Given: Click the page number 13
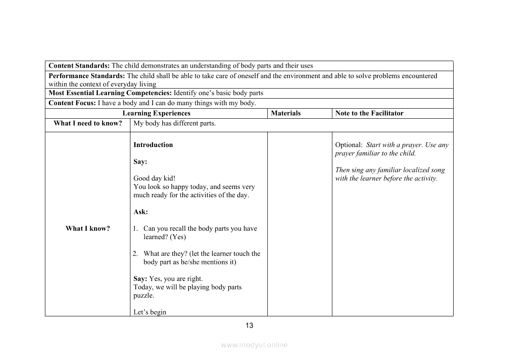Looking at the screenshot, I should (249, 326).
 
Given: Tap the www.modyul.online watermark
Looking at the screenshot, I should (254, 345).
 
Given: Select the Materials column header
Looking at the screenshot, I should (286, 113).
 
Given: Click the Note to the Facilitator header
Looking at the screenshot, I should (369, 113).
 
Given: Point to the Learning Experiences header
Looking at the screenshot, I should (156, 113).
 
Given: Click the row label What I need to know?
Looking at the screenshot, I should (88, 123).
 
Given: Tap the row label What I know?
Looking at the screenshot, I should (88, 229).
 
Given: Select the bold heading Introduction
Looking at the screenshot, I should (153, 145).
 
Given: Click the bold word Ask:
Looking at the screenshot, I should (140, 212).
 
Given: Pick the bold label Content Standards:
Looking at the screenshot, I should (79, 66).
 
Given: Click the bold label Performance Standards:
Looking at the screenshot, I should (87, 76).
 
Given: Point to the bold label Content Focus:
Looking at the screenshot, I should (72, 103).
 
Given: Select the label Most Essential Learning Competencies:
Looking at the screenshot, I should (110, 93).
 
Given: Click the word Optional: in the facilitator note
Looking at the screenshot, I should (348, 145).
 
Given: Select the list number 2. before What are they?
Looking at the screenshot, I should (135, 254).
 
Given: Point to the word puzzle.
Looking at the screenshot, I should (143, 295).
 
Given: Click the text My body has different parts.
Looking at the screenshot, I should (174, 123).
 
